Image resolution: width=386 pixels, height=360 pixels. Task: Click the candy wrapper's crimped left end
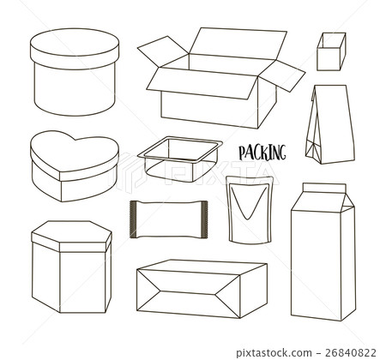[133, 218]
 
